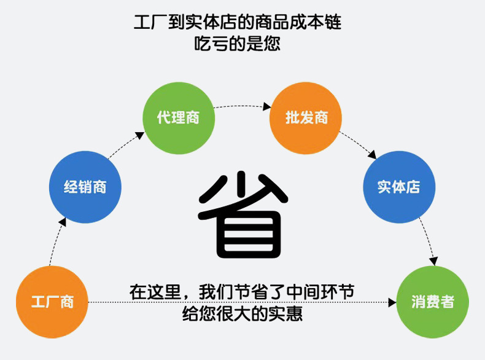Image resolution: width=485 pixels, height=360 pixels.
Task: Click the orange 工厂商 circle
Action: point(52,302)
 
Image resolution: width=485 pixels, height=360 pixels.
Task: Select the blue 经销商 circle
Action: point(85,187)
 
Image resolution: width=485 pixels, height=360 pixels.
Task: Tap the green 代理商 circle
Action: point(179,117)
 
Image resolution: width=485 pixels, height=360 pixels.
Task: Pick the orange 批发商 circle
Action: point(306,117)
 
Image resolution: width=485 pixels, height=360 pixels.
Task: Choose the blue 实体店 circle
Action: point(399,187)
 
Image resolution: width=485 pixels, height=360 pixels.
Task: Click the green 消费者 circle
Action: point(433,302)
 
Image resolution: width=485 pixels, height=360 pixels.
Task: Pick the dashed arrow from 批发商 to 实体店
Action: point(359,143)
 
